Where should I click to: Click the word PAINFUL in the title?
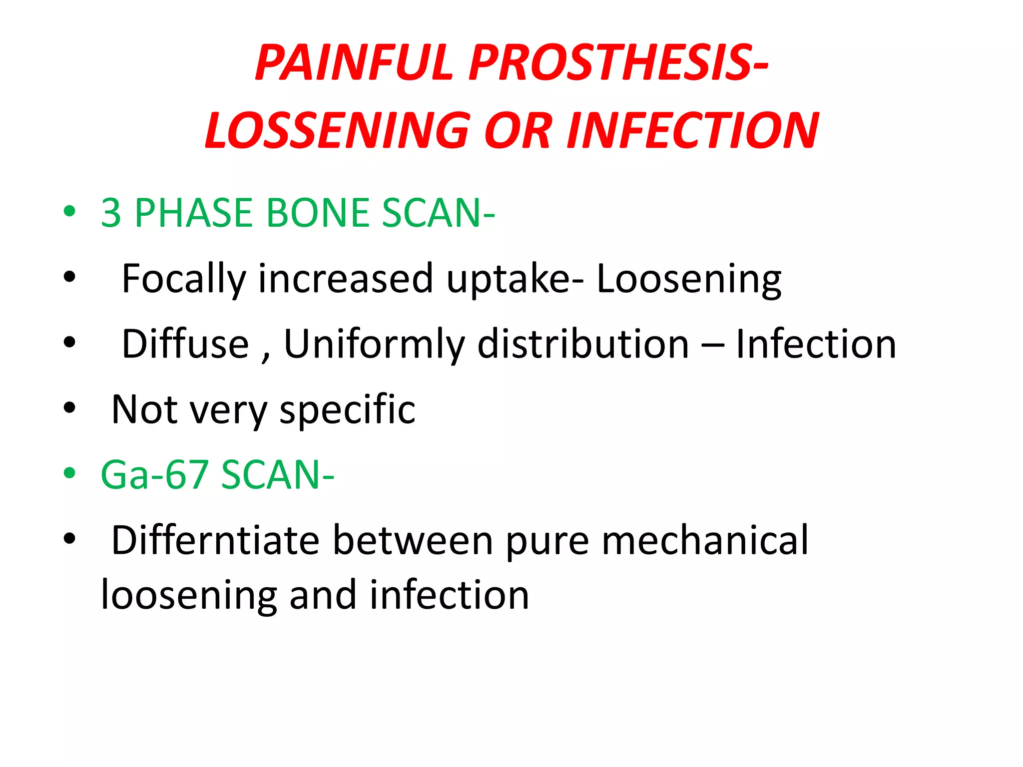click(x=354, y=63)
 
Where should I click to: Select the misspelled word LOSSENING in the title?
click(x=338, y=131)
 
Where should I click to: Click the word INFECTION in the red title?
click(x=692, y=131)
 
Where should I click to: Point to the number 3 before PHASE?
click(x=111, y=213)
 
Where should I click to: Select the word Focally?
click(x=183, y=279)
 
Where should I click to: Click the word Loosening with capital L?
click(x=689, y=279)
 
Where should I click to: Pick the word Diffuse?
click(x=185, y=344)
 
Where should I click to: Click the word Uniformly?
click(x=374, y=344)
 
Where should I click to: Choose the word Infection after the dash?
click(x=816, y=344)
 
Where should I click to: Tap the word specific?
click(x=347, y=409)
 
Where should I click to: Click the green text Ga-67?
click(x=154, y=475)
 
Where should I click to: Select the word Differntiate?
click(x=215, y=540)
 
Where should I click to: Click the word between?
click(x=413, y=540)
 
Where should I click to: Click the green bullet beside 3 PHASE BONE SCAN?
click(x=69, y=211)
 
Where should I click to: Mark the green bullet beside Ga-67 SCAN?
click(x=69, y=473)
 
